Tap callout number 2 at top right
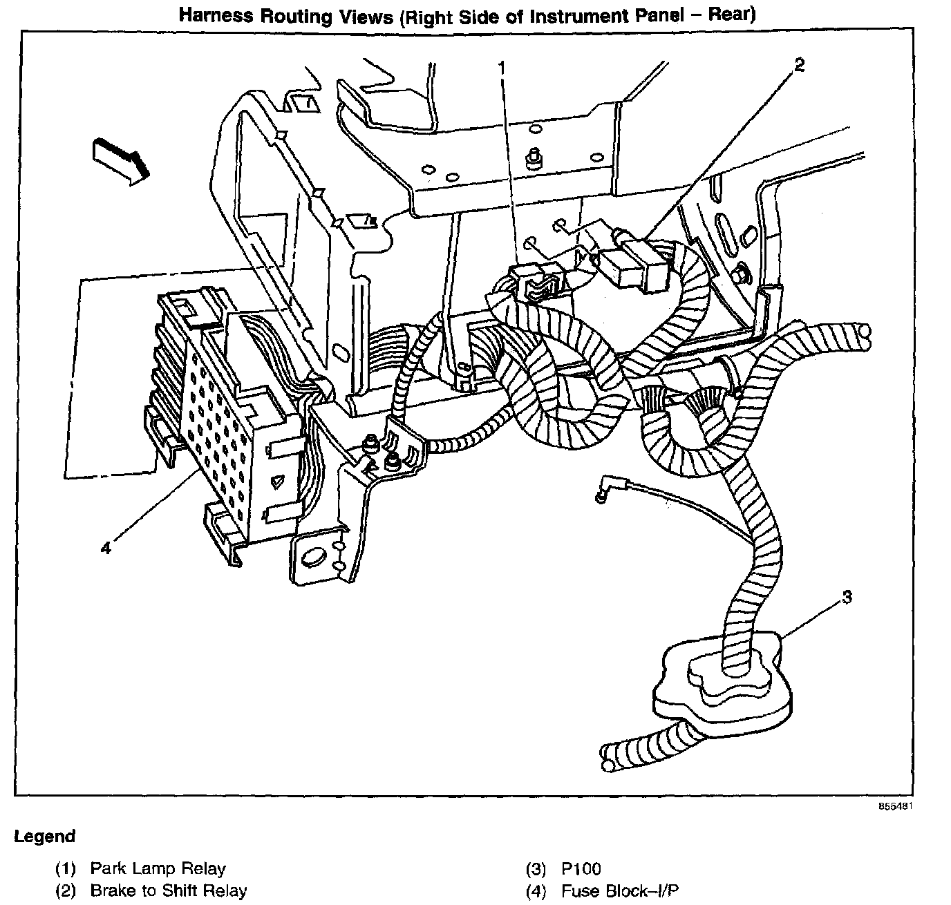coord(799,66)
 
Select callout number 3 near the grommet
coord(847,597)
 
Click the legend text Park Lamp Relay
coord(158,868)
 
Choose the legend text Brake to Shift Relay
coord(168,890)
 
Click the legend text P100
coord(581,868)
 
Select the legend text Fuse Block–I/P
coord(624,890)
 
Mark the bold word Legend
coord(45,837)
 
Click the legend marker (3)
coord(536,868)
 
